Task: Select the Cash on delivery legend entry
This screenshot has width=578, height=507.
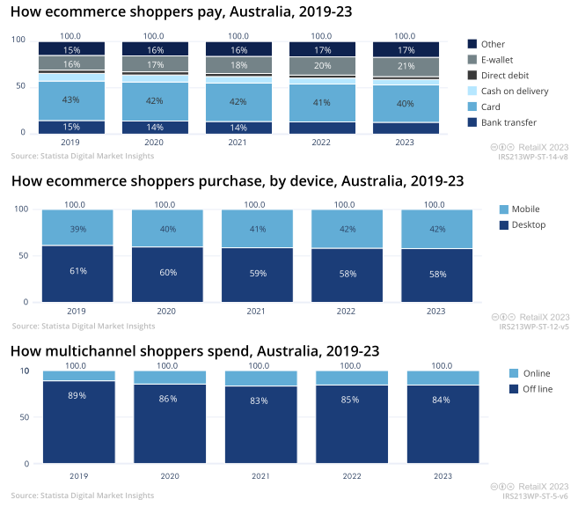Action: coord(514,91)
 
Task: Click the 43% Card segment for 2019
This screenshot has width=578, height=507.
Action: coord(71,101)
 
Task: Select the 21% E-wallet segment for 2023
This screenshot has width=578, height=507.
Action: coord(406,67)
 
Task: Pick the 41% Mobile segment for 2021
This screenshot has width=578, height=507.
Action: coord(256,229)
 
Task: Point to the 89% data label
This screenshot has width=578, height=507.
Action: coord(77,396)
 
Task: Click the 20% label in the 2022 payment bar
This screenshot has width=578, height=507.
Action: coord(322,66)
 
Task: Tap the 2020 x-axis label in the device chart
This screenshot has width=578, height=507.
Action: coord(166,311)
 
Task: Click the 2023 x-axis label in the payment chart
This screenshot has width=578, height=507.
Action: coord(406,141)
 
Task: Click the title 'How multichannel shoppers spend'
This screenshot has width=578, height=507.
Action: coord(194,350)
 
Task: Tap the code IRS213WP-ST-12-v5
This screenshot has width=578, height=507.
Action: coord(533,327)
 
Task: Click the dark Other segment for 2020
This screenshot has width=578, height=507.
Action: coord(155,49)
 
